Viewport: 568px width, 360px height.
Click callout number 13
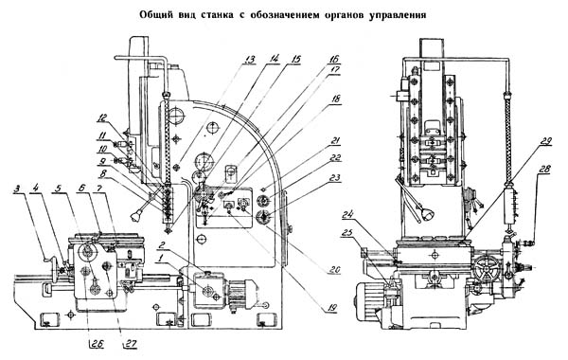pos(249,60)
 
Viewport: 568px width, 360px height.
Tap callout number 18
pos(336,99)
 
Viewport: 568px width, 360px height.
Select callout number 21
pos(335,140)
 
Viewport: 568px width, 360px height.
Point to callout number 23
pos(336,178)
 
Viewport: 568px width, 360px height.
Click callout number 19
pos(332,308)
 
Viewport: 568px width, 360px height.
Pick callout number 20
pos(335,269)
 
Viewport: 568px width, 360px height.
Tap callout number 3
pos(17,189)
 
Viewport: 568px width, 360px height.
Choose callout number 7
pos(99,189)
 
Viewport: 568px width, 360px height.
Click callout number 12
pos(102,117)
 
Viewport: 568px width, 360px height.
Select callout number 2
pos(162,246)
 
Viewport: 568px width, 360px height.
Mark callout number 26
pos(98,343)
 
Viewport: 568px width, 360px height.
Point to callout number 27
pos(132,343)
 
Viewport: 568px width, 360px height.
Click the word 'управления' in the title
pos(398,16)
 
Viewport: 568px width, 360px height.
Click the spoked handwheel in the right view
pos(488,269)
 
